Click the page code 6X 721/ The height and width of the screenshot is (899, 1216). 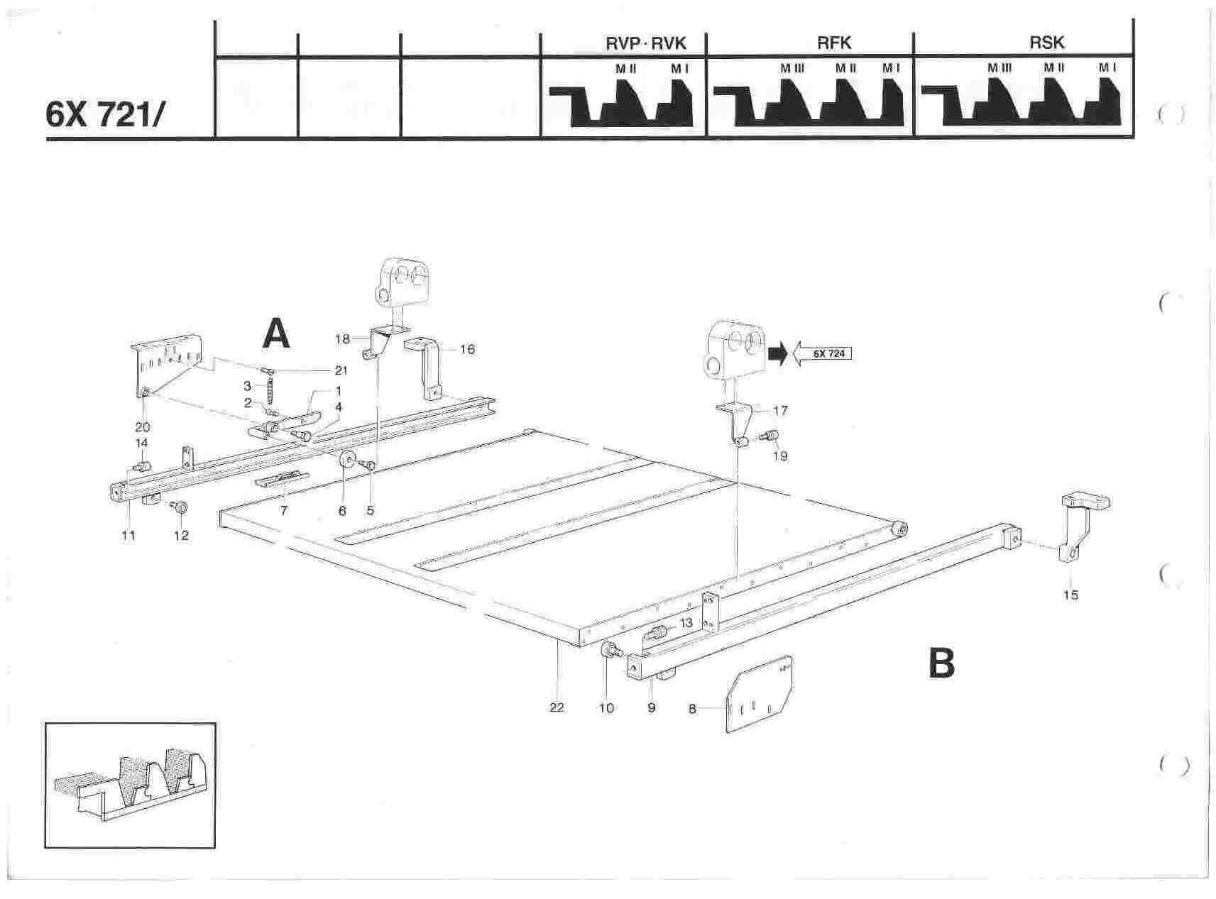tap(104, 114)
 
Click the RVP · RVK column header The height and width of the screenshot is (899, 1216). tap(645, 43)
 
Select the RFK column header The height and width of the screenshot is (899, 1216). tap(834, 43)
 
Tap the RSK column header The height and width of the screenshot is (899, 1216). tap(1046, 43)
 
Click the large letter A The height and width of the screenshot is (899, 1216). tap(276, 333)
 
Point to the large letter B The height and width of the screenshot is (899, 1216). tap(942, 665)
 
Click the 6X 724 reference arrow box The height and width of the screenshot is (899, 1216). tap(822, 353)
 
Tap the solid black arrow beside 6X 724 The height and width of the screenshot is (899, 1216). tap(778, 353)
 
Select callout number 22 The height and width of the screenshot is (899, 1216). tap(557, 707)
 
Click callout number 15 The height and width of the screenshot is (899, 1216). tap(1070, 595)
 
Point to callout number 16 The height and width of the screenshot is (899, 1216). tap(467, 349)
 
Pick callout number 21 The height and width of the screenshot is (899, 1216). tap(341, 370)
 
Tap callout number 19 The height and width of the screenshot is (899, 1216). tap(779, 456)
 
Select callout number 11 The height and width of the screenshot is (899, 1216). tap(128, 535)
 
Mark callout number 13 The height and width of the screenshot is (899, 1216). tap(686, 622)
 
